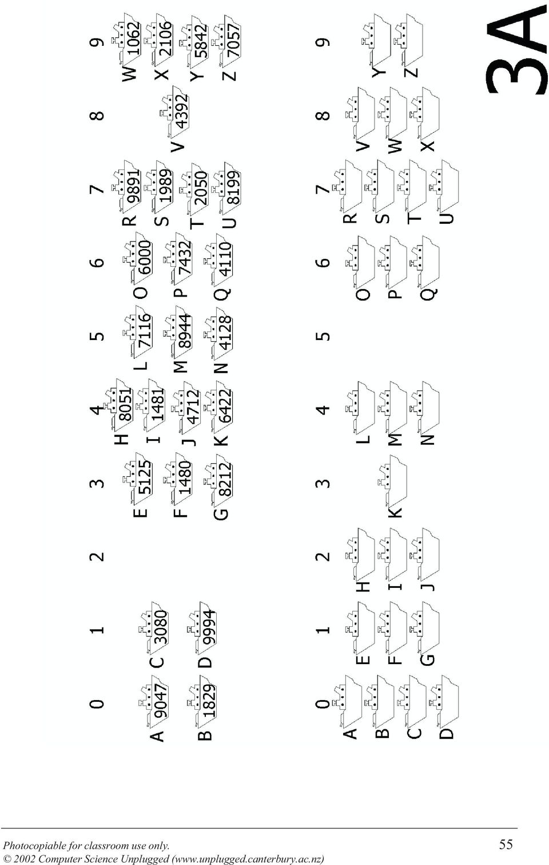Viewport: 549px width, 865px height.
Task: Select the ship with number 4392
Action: (174, 112)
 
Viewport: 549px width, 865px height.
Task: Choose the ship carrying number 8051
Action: (120, 405)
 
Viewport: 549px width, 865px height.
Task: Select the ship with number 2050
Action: (194, 188)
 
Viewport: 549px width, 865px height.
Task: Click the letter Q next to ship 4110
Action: (222, 296)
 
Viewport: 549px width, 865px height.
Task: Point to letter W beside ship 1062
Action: (129, 73)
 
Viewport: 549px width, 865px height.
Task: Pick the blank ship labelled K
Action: (392, 481)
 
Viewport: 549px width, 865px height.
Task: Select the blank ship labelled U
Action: (444, 186)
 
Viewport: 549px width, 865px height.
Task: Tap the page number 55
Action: (506, 844)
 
